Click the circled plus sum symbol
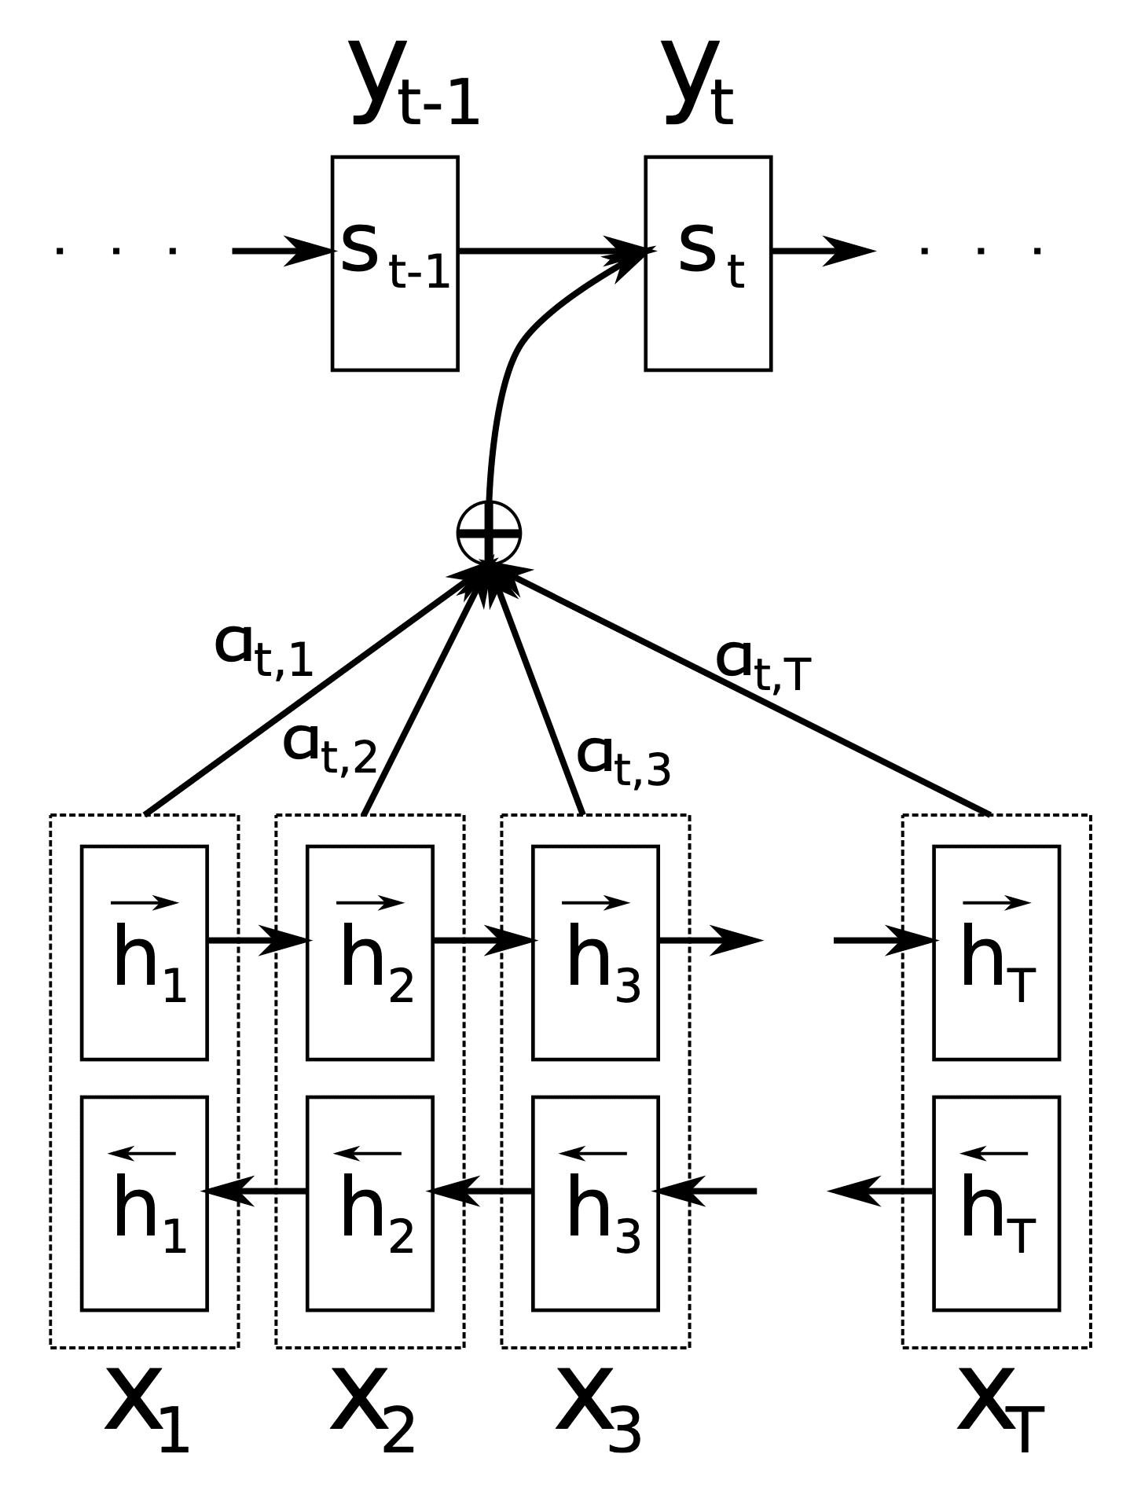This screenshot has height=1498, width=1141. pos(489,533)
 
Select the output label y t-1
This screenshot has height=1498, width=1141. pos(414,84)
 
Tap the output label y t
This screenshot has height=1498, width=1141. pos(699,84)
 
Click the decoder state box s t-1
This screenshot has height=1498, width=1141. pos(394,263)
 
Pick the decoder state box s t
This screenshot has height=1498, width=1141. pos(707,263)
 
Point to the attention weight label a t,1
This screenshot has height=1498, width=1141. pos(264,650)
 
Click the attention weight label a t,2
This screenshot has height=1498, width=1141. pos(330,747)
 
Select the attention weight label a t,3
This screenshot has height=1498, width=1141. pos(624,759)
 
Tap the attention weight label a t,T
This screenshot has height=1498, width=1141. pos(762,665)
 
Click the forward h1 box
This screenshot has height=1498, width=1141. pos(145,953)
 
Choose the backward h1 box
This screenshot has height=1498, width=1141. pos(145,1203)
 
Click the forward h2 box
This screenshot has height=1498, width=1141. pos(370,953)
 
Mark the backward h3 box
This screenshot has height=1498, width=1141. pos(596,1203)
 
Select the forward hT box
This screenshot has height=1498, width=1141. pos(996,953)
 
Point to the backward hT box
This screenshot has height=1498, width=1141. pos(996,1203)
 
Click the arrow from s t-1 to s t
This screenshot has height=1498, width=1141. pos(550,251)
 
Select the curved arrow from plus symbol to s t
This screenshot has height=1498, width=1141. pos(511,362)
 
